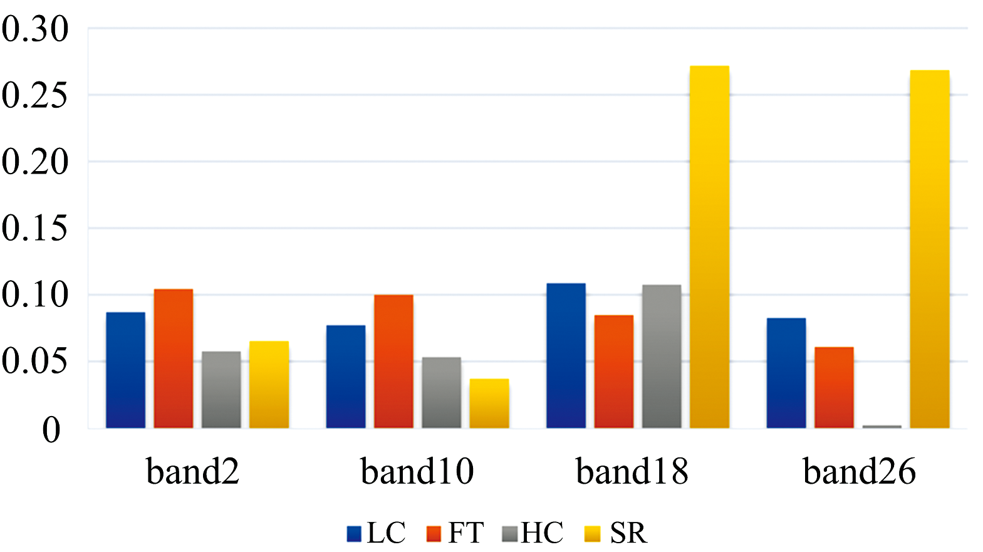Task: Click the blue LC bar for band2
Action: click(x=125, y=370)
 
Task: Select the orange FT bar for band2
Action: click(x=174, y=358)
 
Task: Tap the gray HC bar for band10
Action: click(x=441, y=393)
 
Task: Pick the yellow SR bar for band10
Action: click(x=489, y=404)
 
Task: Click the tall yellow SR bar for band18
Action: click(x=709, y=247)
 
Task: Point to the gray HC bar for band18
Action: click(x=662, y=357)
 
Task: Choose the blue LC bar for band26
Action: click(x=786, y=373)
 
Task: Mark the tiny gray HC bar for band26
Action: click(x=882, y=427)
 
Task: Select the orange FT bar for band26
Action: click(x=834, y=388)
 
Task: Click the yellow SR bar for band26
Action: click(x=930, y=249)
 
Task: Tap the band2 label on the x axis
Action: click(x=193, y=471)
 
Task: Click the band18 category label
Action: click(x=632, y=471)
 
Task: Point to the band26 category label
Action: click(x=859, y=471)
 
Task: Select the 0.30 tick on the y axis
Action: click(x=35, y=29)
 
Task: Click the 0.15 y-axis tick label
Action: click(x=35, y=228)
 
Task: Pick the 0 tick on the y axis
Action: click(x=51, y=430)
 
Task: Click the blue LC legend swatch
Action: click(x=355, y=534)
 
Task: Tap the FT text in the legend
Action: click(x=465, y=533)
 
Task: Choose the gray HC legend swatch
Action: click(x=510, y=534)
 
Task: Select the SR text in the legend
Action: click(x=628, y=533)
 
